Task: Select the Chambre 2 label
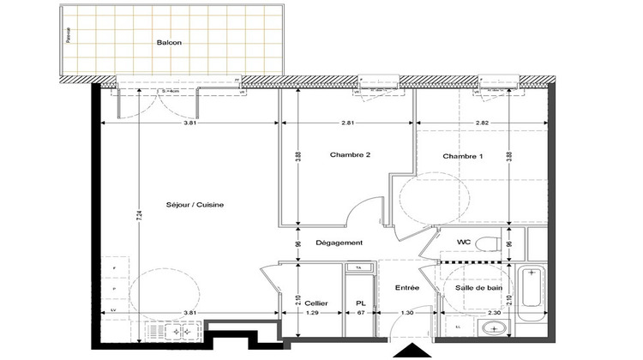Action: [350, 155]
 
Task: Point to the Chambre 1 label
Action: [463, 156]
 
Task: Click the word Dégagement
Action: [340, 243]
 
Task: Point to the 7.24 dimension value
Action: [140, 219]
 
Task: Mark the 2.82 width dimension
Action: [483, 123]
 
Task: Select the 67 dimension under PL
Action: [361, 313]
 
